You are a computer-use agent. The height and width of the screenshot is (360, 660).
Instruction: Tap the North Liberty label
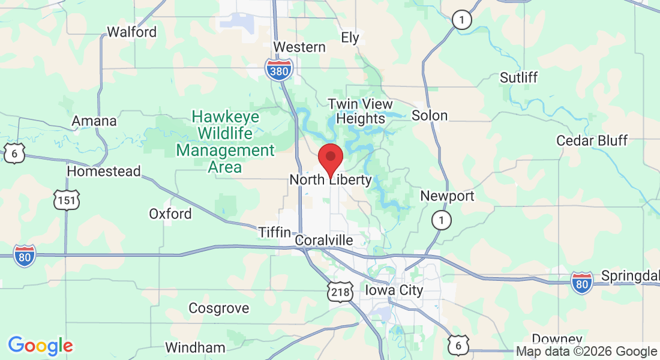331,180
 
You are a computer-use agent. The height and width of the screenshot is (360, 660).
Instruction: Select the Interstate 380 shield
280,70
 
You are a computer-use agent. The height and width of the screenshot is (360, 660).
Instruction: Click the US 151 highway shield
65,200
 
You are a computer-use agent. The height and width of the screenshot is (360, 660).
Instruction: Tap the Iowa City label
394,290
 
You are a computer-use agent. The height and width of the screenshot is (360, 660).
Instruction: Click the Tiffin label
274,232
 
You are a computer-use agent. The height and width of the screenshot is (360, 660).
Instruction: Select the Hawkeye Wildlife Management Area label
224,142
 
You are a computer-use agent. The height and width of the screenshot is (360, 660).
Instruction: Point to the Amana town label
94,121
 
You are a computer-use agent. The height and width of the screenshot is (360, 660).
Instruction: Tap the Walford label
131,32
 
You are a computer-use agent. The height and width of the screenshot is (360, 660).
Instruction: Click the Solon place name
430,115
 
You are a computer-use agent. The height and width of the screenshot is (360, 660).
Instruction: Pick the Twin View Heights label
361,111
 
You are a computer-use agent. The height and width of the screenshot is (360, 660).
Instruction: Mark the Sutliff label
518,77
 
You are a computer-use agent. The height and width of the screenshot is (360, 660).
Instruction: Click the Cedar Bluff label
592,140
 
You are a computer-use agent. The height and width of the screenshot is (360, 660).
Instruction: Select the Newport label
447,196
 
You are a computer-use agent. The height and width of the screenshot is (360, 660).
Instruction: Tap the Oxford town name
170,214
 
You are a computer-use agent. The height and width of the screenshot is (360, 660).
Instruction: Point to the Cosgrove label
218,308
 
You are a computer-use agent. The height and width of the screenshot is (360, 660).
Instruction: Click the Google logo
40,346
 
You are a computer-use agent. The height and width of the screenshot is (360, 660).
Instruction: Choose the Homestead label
103,171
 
